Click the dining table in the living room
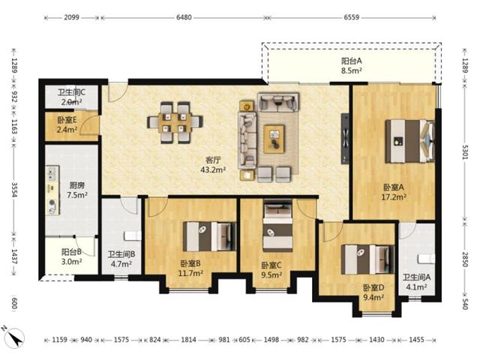(175, 122)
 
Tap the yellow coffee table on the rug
(274, 139)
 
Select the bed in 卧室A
(410, 141)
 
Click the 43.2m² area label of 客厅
(213, 169)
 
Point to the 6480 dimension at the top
(184, 17)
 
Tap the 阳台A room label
(352, 61)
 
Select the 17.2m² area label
(394, 196)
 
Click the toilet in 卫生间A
(427, 258)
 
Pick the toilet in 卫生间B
(133, 235)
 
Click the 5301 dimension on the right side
(465, 152)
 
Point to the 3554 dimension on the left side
(14, 190)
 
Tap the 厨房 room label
(76, 185)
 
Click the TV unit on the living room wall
(345, 139)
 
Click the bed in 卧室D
(367, 259)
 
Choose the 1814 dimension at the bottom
(188, 340)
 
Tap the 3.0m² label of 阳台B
(72, 262)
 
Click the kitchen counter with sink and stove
(52, 190)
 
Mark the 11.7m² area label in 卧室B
(190, 273)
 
